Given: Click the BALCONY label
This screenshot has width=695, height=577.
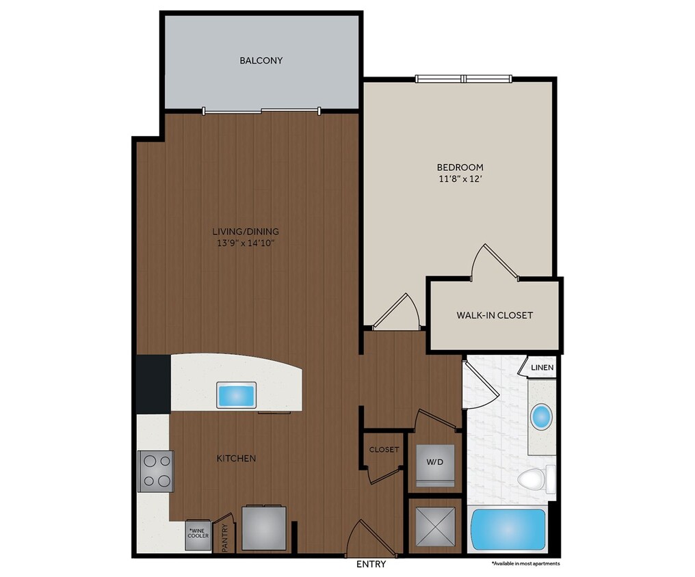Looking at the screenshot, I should click(x=261, y=61).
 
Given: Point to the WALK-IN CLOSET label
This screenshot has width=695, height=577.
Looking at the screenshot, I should click(x=495, y=316).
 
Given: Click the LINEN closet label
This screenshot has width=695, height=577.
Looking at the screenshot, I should click(x=540, y=368).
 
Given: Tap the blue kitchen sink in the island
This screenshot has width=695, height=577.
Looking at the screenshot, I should click(x=236, y=395).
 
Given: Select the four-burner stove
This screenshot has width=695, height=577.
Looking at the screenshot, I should click(x=155, y=471).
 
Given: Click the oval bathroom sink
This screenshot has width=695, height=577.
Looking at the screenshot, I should click(x=542, y=416).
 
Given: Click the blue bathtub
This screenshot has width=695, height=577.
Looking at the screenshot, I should click(x=508, y=531).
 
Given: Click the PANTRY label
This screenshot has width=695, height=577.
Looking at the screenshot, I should click(x=224, y=538).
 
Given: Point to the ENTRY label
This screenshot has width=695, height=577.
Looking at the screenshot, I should click(x=371, y=565).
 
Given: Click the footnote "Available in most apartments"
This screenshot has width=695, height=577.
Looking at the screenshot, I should click(x=525, y=564).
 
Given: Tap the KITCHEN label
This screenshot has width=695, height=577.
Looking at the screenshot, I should click(x=236, y=458).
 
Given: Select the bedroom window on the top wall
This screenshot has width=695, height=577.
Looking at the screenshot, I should click(x=464, y=79).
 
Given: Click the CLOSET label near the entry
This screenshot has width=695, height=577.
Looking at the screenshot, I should click(x=384, y=450).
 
